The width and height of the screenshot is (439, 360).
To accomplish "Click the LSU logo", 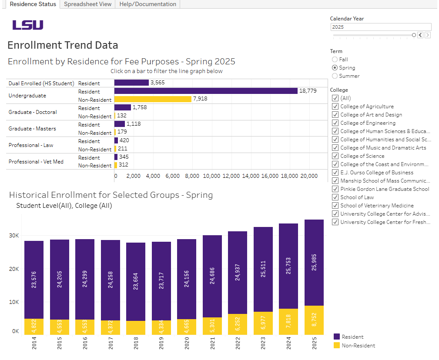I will point(28,25).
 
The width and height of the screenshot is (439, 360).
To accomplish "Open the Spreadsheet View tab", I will point(87,4).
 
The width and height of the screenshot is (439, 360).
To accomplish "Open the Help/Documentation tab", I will point(147,4).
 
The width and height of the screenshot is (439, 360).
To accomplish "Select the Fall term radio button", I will point(335,60).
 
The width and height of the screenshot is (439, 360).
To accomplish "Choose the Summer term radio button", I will point(335,76).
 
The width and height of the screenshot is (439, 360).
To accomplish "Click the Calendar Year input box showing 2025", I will point(380,27).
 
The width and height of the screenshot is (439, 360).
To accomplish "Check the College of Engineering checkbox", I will point(335,123).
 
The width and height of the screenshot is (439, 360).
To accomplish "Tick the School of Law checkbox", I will point(335,197).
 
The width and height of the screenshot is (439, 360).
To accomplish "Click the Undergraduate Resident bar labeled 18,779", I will point(206,91).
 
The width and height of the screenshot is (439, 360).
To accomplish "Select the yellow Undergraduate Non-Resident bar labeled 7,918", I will point(153,99).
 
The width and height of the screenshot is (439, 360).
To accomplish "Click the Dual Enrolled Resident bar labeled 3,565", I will point(131,83).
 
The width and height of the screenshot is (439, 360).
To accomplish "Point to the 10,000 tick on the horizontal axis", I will point(211,176).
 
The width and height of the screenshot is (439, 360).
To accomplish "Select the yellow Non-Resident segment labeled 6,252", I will point(238,324).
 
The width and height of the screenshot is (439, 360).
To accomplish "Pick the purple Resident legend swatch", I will point(336,337).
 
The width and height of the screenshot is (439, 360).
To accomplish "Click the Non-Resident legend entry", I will point(358,346).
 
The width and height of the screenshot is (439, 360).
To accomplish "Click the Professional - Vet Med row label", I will point(36,162).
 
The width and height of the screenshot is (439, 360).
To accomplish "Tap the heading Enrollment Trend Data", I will point(63,45).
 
